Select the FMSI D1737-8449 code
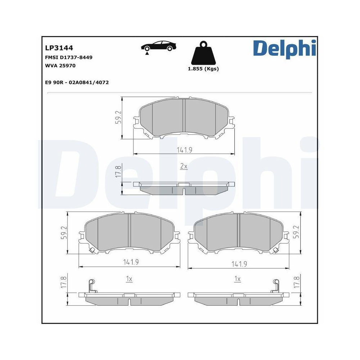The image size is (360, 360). click(64, 57)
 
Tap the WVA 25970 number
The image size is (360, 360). click(60, 66)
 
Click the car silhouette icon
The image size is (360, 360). click(158, 47)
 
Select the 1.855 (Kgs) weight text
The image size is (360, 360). click(203, 69)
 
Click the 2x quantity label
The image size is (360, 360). click(184, 166)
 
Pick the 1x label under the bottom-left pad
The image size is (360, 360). click(129, 279)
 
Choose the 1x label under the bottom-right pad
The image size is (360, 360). click(237, 279)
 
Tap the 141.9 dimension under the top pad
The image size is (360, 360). click(184, 150)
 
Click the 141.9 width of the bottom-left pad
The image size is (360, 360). click(131, 262)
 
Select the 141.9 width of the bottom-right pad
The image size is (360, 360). click(239, 264)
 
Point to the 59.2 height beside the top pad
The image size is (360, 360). click(118, 117)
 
